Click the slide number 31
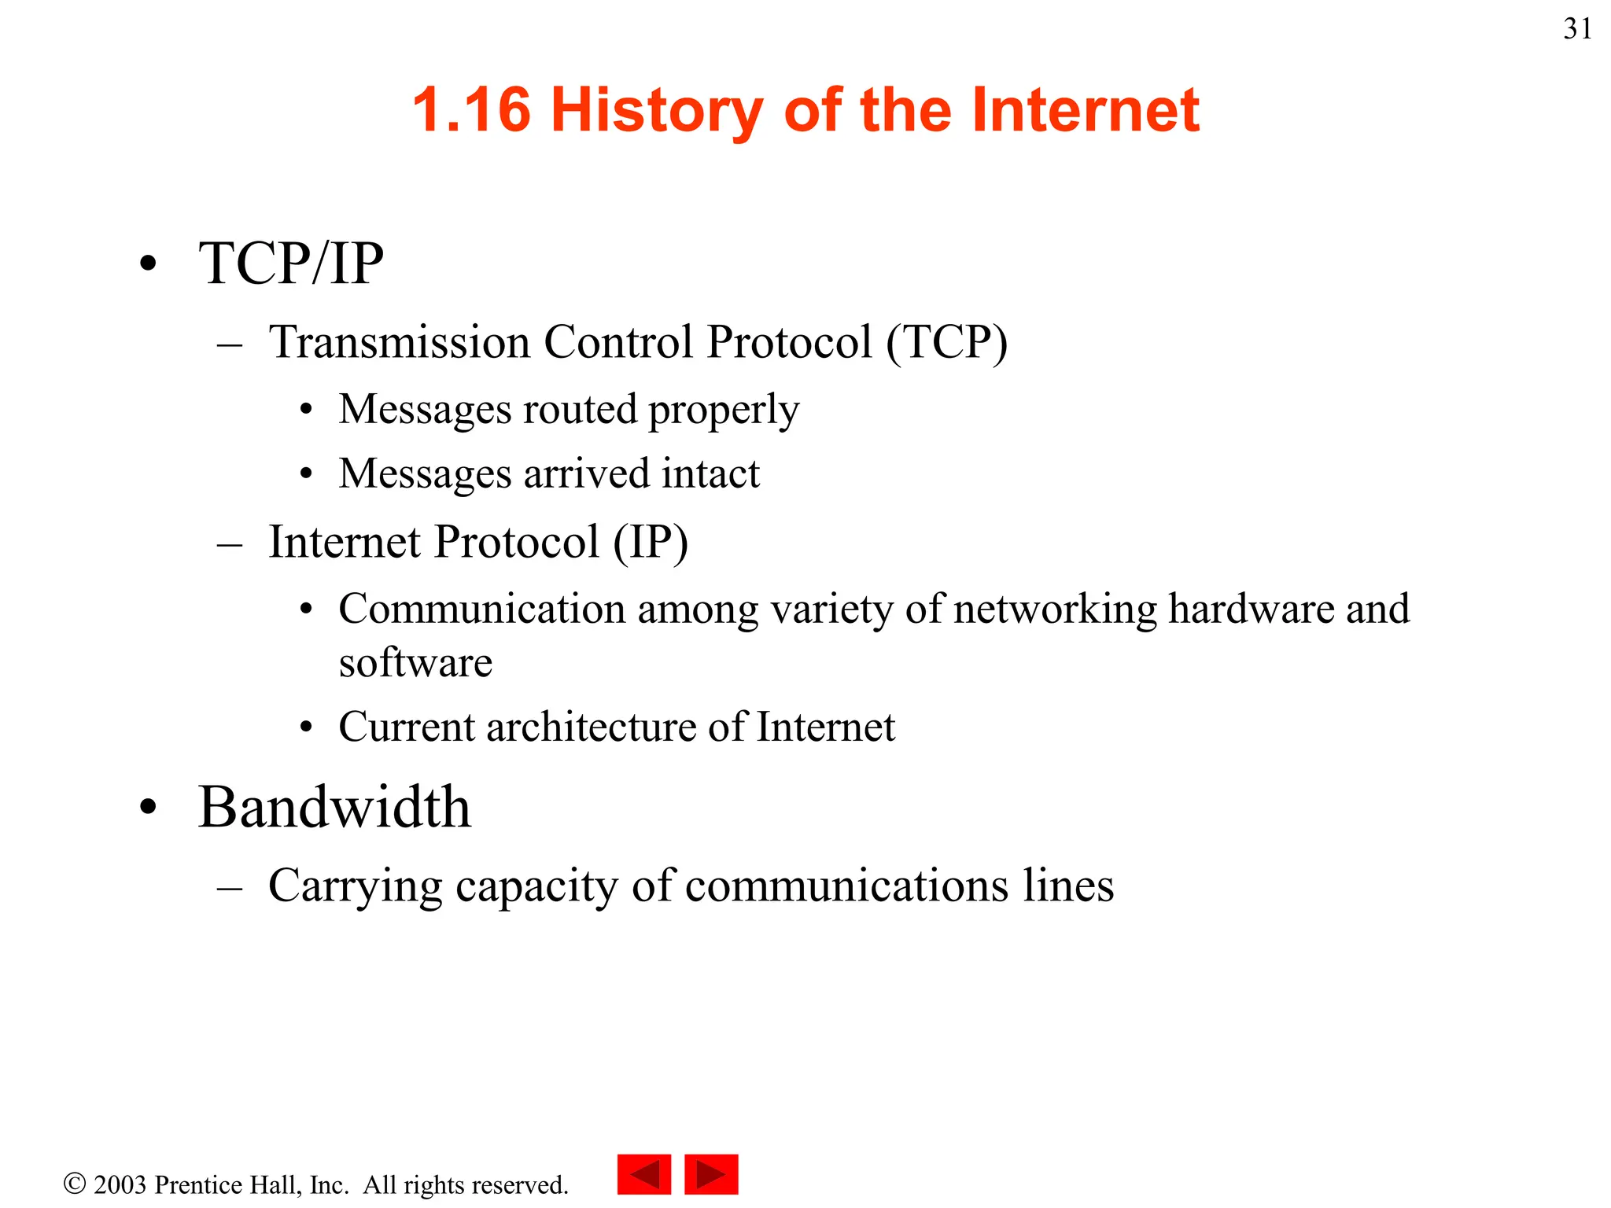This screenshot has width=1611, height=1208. [1577, 29]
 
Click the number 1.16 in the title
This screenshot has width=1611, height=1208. [471, 109]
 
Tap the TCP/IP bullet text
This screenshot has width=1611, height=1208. [291, 263]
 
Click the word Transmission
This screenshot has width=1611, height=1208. [400, 342]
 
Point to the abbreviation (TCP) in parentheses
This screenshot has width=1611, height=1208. [946, 342]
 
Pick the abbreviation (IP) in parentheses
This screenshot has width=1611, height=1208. [650, 542]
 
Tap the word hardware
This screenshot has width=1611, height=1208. [1251, 609]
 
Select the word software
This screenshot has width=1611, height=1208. [415, 662]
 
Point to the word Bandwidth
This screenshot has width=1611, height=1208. [334, 808]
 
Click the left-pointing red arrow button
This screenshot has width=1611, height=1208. [644, 1174]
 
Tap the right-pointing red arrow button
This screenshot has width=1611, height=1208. [711, 1174]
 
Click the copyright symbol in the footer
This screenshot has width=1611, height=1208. [75, 1184]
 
